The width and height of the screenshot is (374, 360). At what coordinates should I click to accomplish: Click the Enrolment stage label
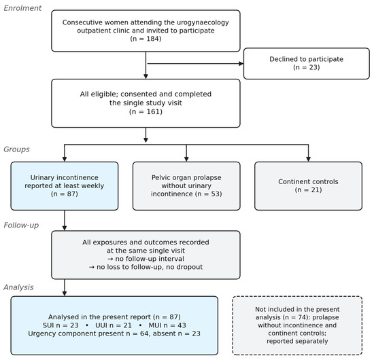click(22, 8)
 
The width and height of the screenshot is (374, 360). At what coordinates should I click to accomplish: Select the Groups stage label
click(16, 149)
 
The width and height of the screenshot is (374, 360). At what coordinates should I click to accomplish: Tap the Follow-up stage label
click(21, 225)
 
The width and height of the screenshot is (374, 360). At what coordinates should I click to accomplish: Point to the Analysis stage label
click(18, 287)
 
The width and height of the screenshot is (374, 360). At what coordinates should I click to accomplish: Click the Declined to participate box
click(307, 64)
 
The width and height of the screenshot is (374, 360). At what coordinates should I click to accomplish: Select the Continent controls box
click(308, 186)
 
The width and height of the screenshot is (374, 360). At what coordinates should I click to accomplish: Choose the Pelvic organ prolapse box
click(186, 186)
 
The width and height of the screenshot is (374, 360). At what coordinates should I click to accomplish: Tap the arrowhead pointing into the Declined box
click(241, 64)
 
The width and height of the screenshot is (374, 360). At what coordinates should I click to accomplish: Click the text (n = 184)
click(146, 39)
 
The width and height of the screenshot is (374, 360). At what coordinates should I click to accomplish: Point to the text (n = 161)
click(146, 111)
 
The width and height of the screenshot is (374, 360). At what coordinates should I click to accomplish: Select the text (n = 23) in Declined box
click(307, 67)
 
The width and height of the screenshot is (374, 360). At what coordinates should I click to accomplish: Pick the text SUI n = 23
click(61, 325)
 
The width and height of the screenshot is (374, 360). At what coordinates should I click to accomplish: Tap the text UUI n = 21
click(114, 325)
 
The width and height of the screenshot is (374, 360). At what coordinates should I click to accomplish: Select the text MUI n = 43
click(167, 325)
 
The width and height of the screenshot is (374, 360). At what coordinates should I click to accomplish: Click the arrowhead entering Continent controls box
click(308, 159)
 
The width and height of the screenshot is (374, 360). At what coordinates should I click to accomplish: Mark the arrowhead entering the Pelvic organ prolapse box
click(186, 159)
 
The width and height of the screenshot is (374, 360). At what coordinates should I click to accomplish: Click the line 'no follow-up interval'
click(146, 259)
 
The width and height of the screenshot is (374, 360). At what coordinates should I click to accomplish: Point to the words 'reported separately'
click(297, 341)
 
